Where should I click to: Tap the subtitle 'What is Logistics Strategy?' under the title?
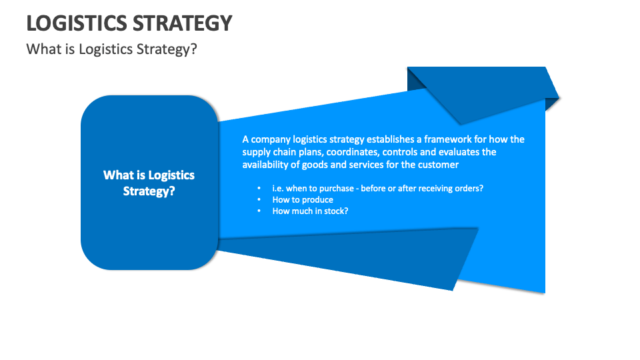(x=111, y=50)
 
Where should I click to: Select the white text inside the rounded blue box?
(x=149, y=183)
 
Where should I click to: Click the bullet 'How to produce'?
(x=303, y=200)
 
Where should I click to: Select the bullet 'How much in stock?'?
(x=311, y=211)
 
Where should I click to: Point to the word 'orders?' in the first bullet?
(x=467, y=189)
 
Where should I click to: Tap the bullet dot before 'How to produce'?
(x=259, y=200)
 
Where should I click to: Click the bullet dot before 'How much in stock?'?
(x=259, y=211)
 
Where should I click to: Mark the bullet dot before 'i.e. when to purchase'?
(x=259, y=189)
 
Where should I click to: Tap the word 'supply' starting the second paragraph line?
(x=257, y=152)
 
